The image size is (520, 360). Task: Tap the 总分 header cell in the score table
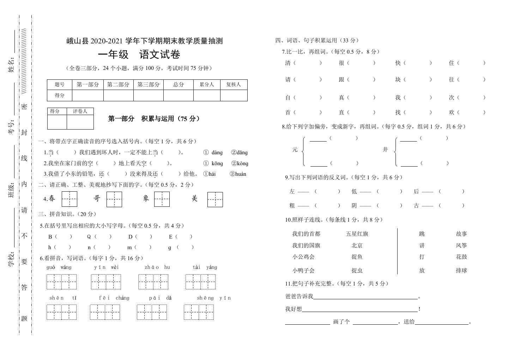[179, 85]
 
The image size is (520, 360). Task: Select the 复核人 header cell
[234, 85]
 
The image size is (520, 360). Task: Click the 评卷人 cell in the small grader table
[80, 111]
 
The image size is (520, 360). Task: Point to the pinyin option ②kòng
[240, 163]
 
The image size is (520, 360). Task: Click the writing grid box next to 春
[69, 199]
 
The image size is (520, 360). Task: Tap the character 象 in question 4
[146, 199]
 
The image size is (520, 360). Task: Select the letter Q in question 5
[89, 236]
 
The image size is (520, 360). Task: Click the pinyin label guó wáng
[59, 267]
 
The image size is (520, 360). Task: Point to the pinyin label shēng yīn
[214, 298]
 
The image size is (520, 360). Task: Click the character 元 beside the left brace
[295, 150]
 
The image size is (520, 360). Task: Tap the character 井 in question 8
[385, 150]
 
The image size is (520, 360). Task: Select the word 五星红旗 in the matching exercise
[357, 234]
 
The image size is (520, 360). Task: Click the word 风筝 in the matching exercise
[461, 245]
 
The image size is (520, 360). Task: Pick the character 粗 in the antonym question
[292, 205]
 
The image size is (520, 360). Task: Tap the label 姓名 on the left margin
[11, 66]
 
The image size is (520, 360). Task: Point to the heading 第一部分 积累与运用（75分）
[154, 119]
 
